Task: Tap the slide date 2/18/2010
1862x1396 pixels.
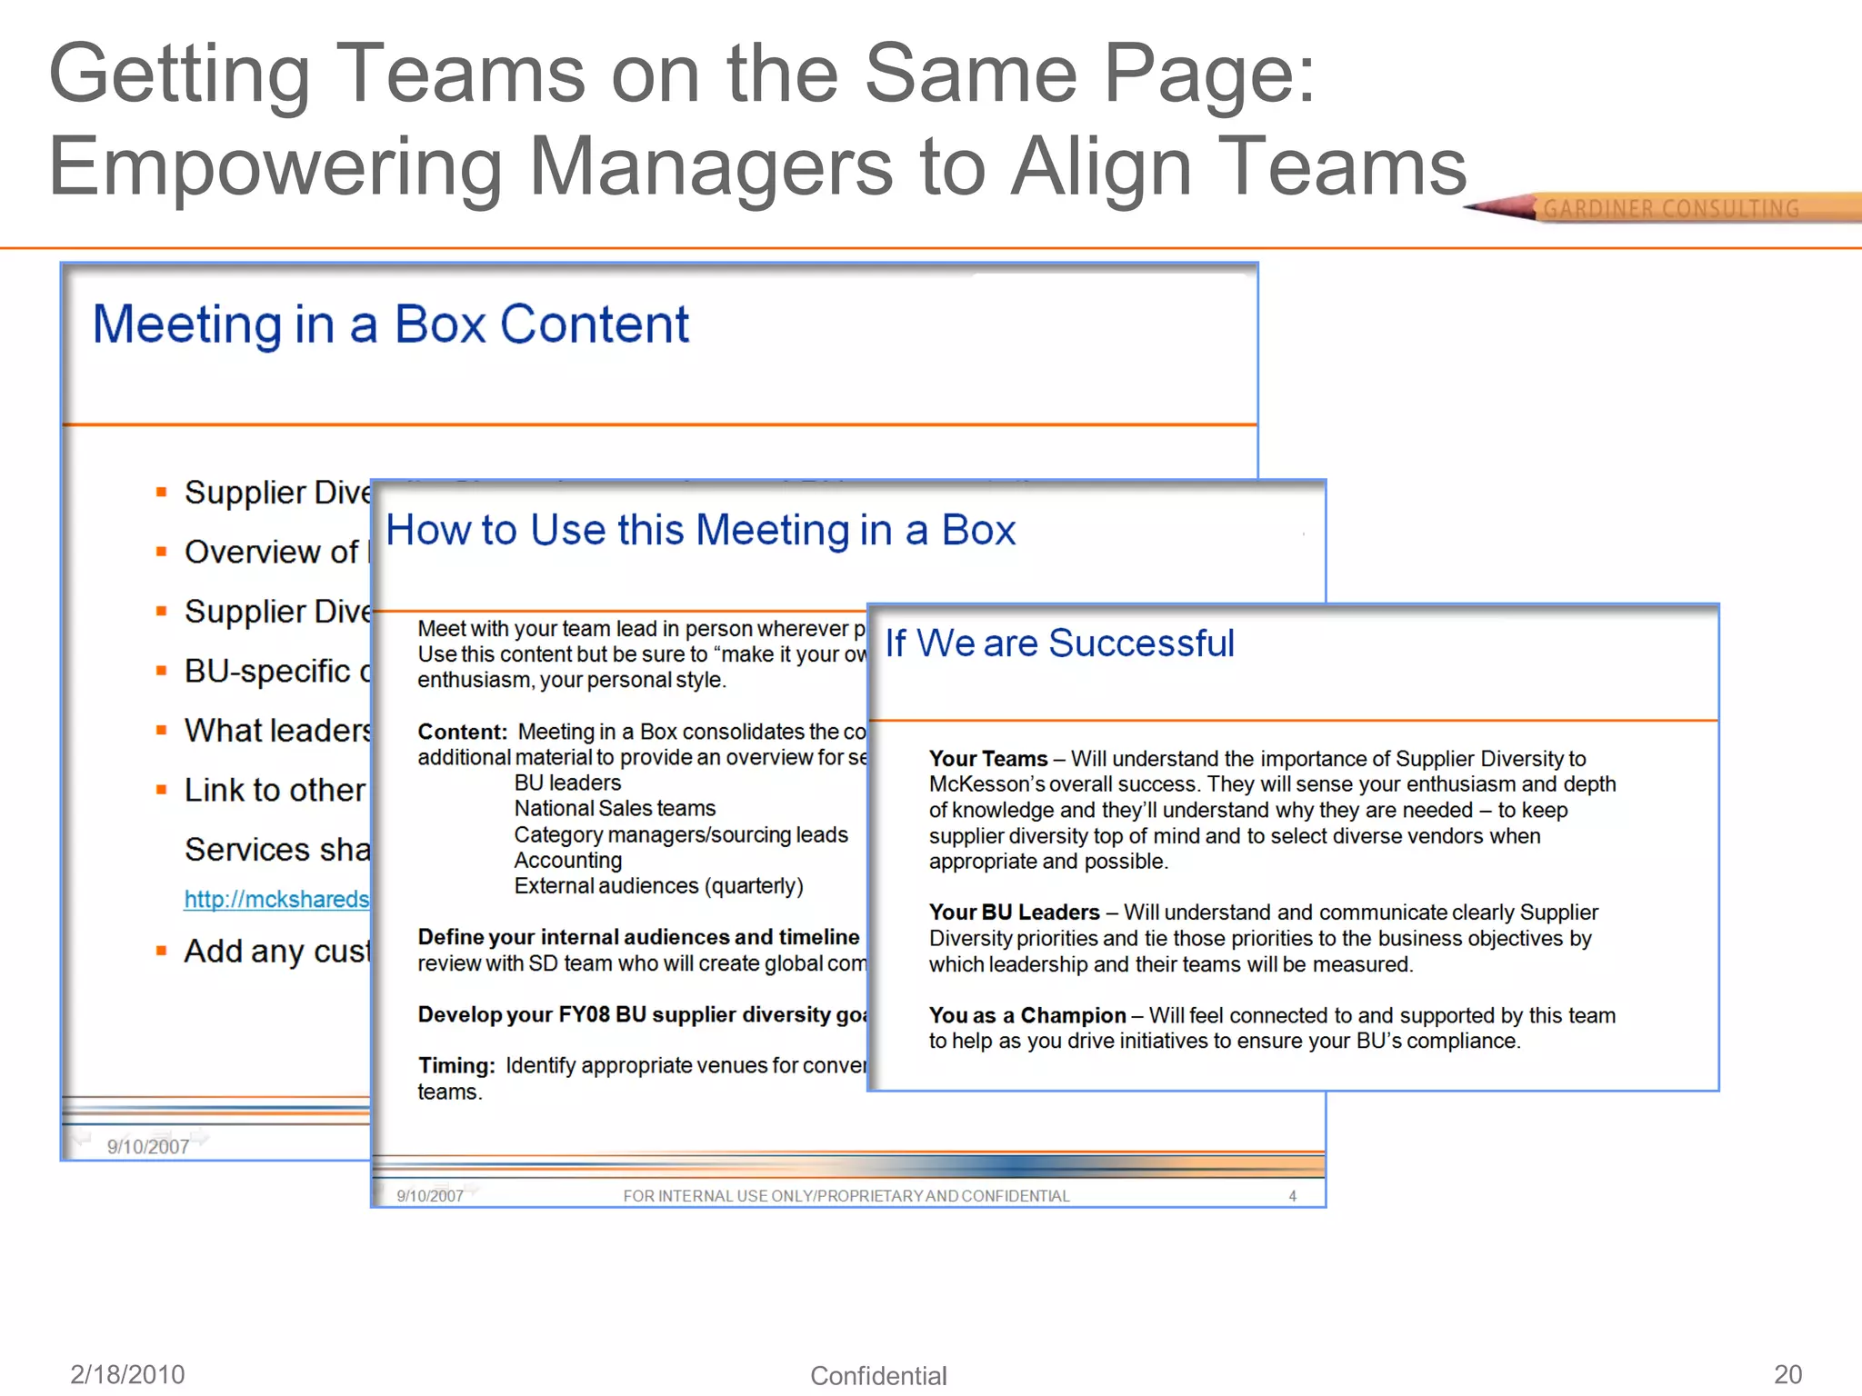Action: [127, 1374]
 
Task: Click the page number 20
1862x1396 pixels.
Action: [1787, 1374]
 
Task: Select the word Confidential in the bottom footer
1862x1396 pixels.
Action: [878, 1376]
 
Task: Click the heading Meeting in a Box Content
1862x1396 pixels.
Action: [391, 324]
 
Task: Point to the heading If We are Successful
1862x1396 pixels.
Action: [1059, 643]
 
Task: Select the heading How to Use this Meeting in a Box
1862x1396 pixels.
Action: [700, 530]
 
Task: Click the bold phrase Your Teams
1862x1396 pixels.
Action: [988, 759]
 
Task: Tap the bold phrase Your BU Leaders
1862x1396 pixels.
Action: [1014, 912]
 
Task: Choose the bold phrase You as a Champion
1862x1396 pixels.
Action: [1027, 1015]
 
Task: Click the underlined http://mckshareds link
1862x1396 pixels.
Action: [276, 899]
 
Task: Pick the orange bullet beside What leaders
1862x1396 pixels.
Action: [161, 730]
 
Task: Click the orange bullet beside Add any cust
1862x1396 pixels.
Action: [161, 952]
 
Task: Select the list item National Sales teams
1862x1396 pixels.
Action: [615, 808]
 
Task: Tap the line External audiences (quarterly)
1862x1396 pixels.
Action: [658, 886]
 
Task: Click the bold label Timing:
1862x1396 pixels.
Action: [456, 1065]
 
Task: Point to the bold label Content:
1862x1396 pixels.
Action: [462, 732]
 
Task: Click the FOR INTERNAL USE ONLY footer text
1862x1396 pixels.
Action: [846, 1196]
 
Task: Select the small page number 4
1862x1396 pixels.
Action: [1292, 1196]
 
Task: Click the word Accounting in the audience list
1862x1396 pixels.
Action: [568, 860]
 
